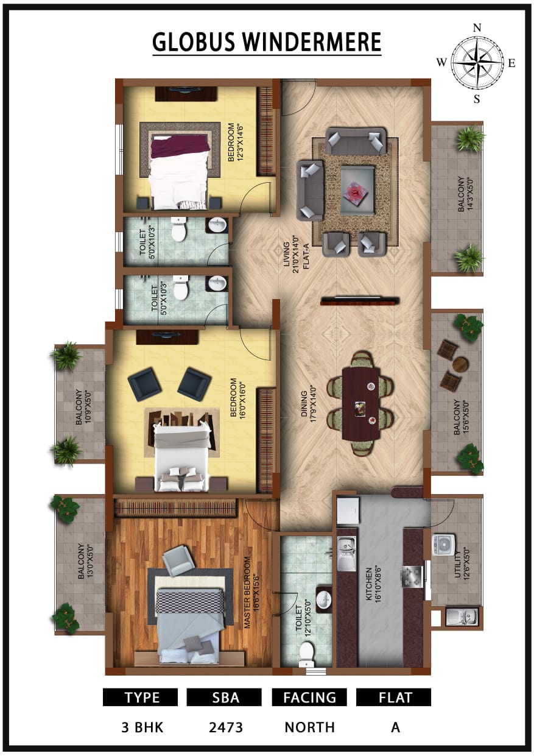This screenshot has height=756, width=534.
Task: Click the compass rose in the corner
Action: [476, 63]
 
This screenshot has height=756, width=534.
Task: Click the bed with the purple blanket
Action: [180, 171]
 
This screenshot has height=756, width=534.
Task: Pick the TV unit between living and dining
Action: [360, 301]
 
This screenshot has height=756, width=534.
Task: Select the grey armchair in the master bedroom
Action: [177, 560]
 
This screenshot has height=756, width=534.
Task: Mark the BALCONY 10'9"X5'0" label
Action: [83, 407]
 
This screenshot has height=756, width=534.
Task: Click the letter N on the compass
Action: [477, 28]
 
